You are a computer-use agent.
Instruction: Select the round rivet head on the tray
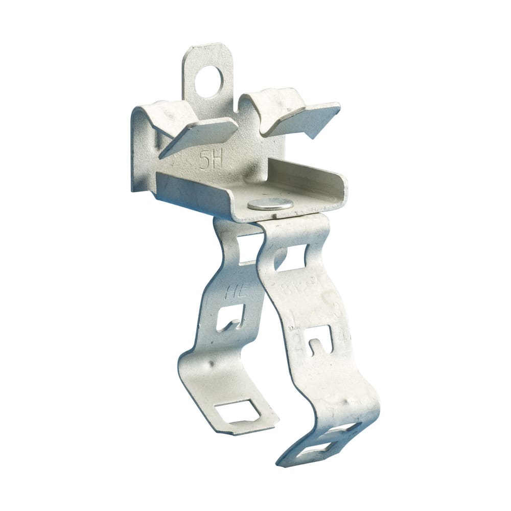(x=270, y=204)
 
